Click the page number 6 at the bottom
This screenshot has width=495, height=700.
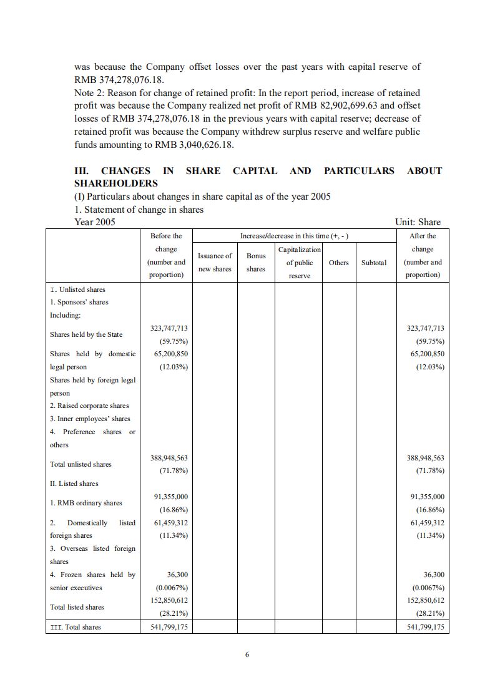[247, 654]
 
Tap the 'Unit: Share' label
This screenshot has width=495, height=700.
[418, 222]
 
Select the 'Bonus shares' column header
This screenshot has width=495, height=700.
[256, 263]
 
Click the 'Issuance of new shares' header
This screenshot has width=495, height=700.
[215, 263]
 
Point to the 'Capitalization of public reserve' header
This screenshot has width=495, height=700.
[300, 263]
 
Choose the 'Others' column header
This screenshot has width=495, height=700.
[338, 263]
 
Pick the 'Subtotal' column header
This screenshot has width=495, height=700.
[374, 263]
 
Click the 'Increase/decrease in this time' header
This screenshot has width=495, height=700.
[294, 236]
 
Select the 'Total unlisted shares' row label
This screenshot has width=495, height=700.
[81, 464]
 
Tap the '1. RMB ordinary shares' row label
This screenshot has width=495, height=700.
[86, 503]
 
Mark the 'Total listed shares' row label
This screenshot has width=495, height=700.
[77, 607]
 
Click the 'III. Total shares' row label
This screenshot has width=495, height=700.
[75, 627]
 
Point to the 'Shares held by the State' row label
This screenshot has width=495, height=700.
[86, 334]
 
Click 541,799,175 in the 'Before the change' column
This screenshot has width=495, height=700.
[169, 627]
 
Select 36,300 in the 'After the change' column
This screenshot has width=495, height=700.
[433, 575]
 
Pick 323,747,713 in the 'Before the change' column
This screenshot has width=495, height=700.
[169, 328]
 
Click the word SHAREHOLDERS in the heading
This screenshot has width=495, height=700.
[116, 183]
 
